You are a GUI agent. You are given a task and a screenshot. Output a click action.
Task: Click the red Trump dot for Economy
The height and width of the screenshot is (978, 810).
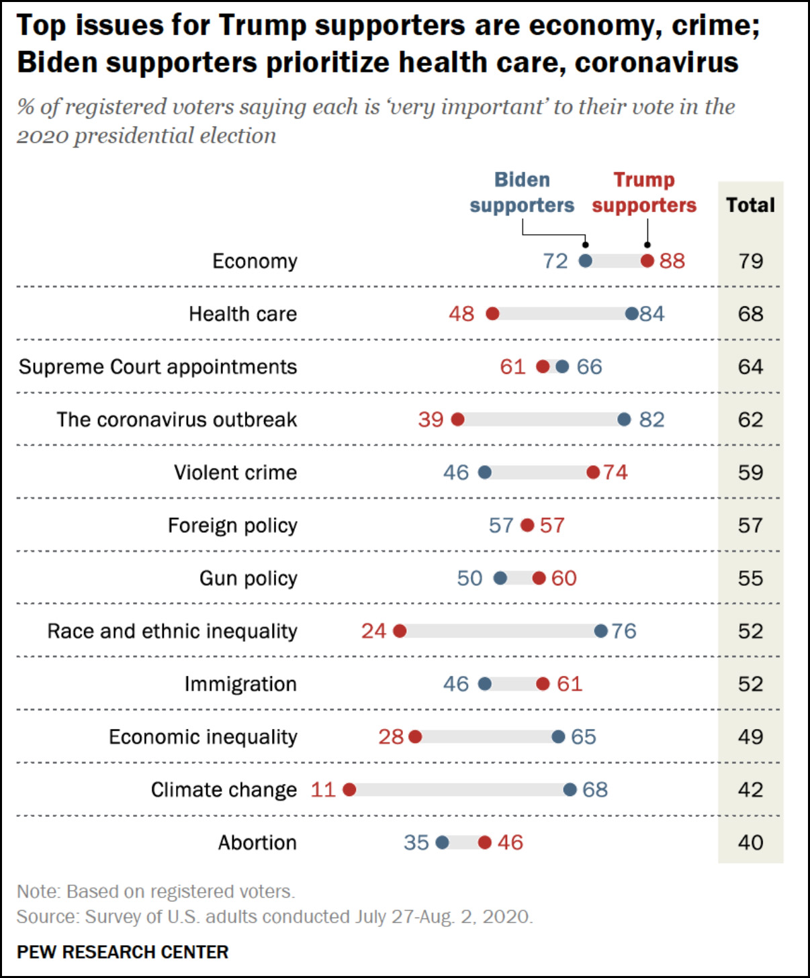(647, 261)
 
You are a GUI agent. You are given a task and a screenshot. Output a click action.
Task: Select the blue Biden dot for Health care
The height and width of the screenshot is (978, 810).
(631, 313)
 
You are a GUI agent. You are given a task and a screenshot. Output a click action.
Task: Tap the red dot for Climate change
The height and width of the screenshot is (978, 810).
(349, 789)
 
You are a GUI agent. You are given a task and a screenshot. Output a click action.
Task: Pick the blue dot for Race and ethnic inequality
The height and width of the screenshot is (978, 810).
(601, 631)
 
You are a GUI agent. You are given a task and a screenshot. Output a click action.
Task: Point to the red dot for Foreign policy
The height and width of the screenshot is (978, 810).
(528, 525)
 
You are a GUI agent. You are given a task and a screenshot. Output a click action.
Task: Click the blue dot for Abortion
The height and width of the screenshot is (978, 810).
(442, 842)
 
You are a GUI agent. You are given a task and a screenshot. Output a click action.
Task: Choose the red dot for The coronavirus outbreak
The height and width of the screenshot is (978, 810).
(458, 420)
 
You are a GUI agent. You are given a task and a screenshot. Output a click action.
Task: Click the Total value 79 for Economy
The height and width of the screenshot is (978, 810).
(750, 261)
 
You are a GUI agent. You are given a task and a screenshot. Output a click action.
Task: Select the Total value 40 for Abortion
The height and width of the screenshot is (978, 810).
(750, 842)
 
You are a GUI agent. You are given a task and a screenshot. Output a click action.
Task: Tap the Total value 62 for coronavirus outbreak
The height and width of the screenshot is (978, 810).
(750, 420)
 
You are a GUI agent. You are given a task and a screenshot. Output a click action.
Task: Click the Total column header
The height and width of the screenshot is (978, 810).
(750, 205)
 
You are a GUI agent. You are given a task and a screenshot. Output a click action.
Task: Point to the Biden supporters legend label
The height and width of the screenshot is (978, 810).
(522, 193)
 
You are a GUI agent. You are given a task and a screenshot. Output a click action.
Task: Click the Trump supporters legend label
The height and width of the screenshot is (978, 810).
(644, 193)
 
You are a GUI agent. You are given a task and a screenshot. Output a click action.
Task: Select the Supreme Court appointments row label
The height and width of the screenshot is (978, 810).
(158, 367)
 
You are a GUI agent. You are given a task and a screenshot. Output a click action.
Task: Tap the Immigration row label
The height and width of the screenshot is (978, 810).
(240, 684)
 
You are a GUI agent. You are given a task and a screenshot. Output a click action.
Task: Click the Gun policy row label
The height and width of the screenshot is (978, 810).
(248, 579)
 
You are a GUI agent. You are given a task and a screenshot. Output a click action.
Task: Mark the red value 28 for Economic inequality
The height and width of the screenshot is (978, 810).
(391, 737)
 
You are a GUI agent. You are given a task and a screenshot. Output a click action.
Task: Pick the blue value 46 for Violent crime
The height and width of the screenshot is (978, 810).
(455, 473)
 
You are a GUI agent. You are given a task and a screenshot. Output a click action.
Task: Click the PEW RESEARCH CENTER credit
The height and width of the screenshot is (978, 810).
(123, 952)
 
